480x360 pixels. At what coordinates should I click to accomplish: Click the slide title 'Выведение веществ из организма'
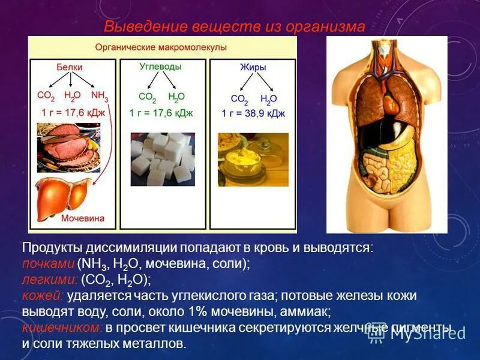click(x=234, y=26)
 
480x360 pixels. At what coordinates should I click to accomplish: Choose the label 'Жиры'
click(x=252, y=67)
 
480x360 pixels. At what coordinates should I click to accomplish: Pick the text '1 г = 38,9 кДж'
click(x=253, y=113)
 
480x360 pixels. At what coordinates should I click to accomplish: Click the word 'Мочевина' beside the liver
click(x=83, y=219)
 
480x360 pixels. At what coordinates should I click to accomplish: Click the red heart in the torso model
click(x=391, y=106)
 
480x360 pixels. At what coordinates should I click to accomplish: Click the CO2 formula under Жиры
click(x=239, y=99)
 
